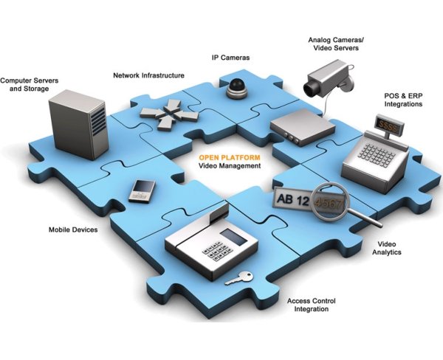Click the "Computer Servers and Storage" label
point(25,84)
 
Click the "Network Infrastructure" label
point(148,75)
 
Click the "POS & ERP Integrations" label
point(403,100)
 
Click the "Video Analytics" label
point(388,248)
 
